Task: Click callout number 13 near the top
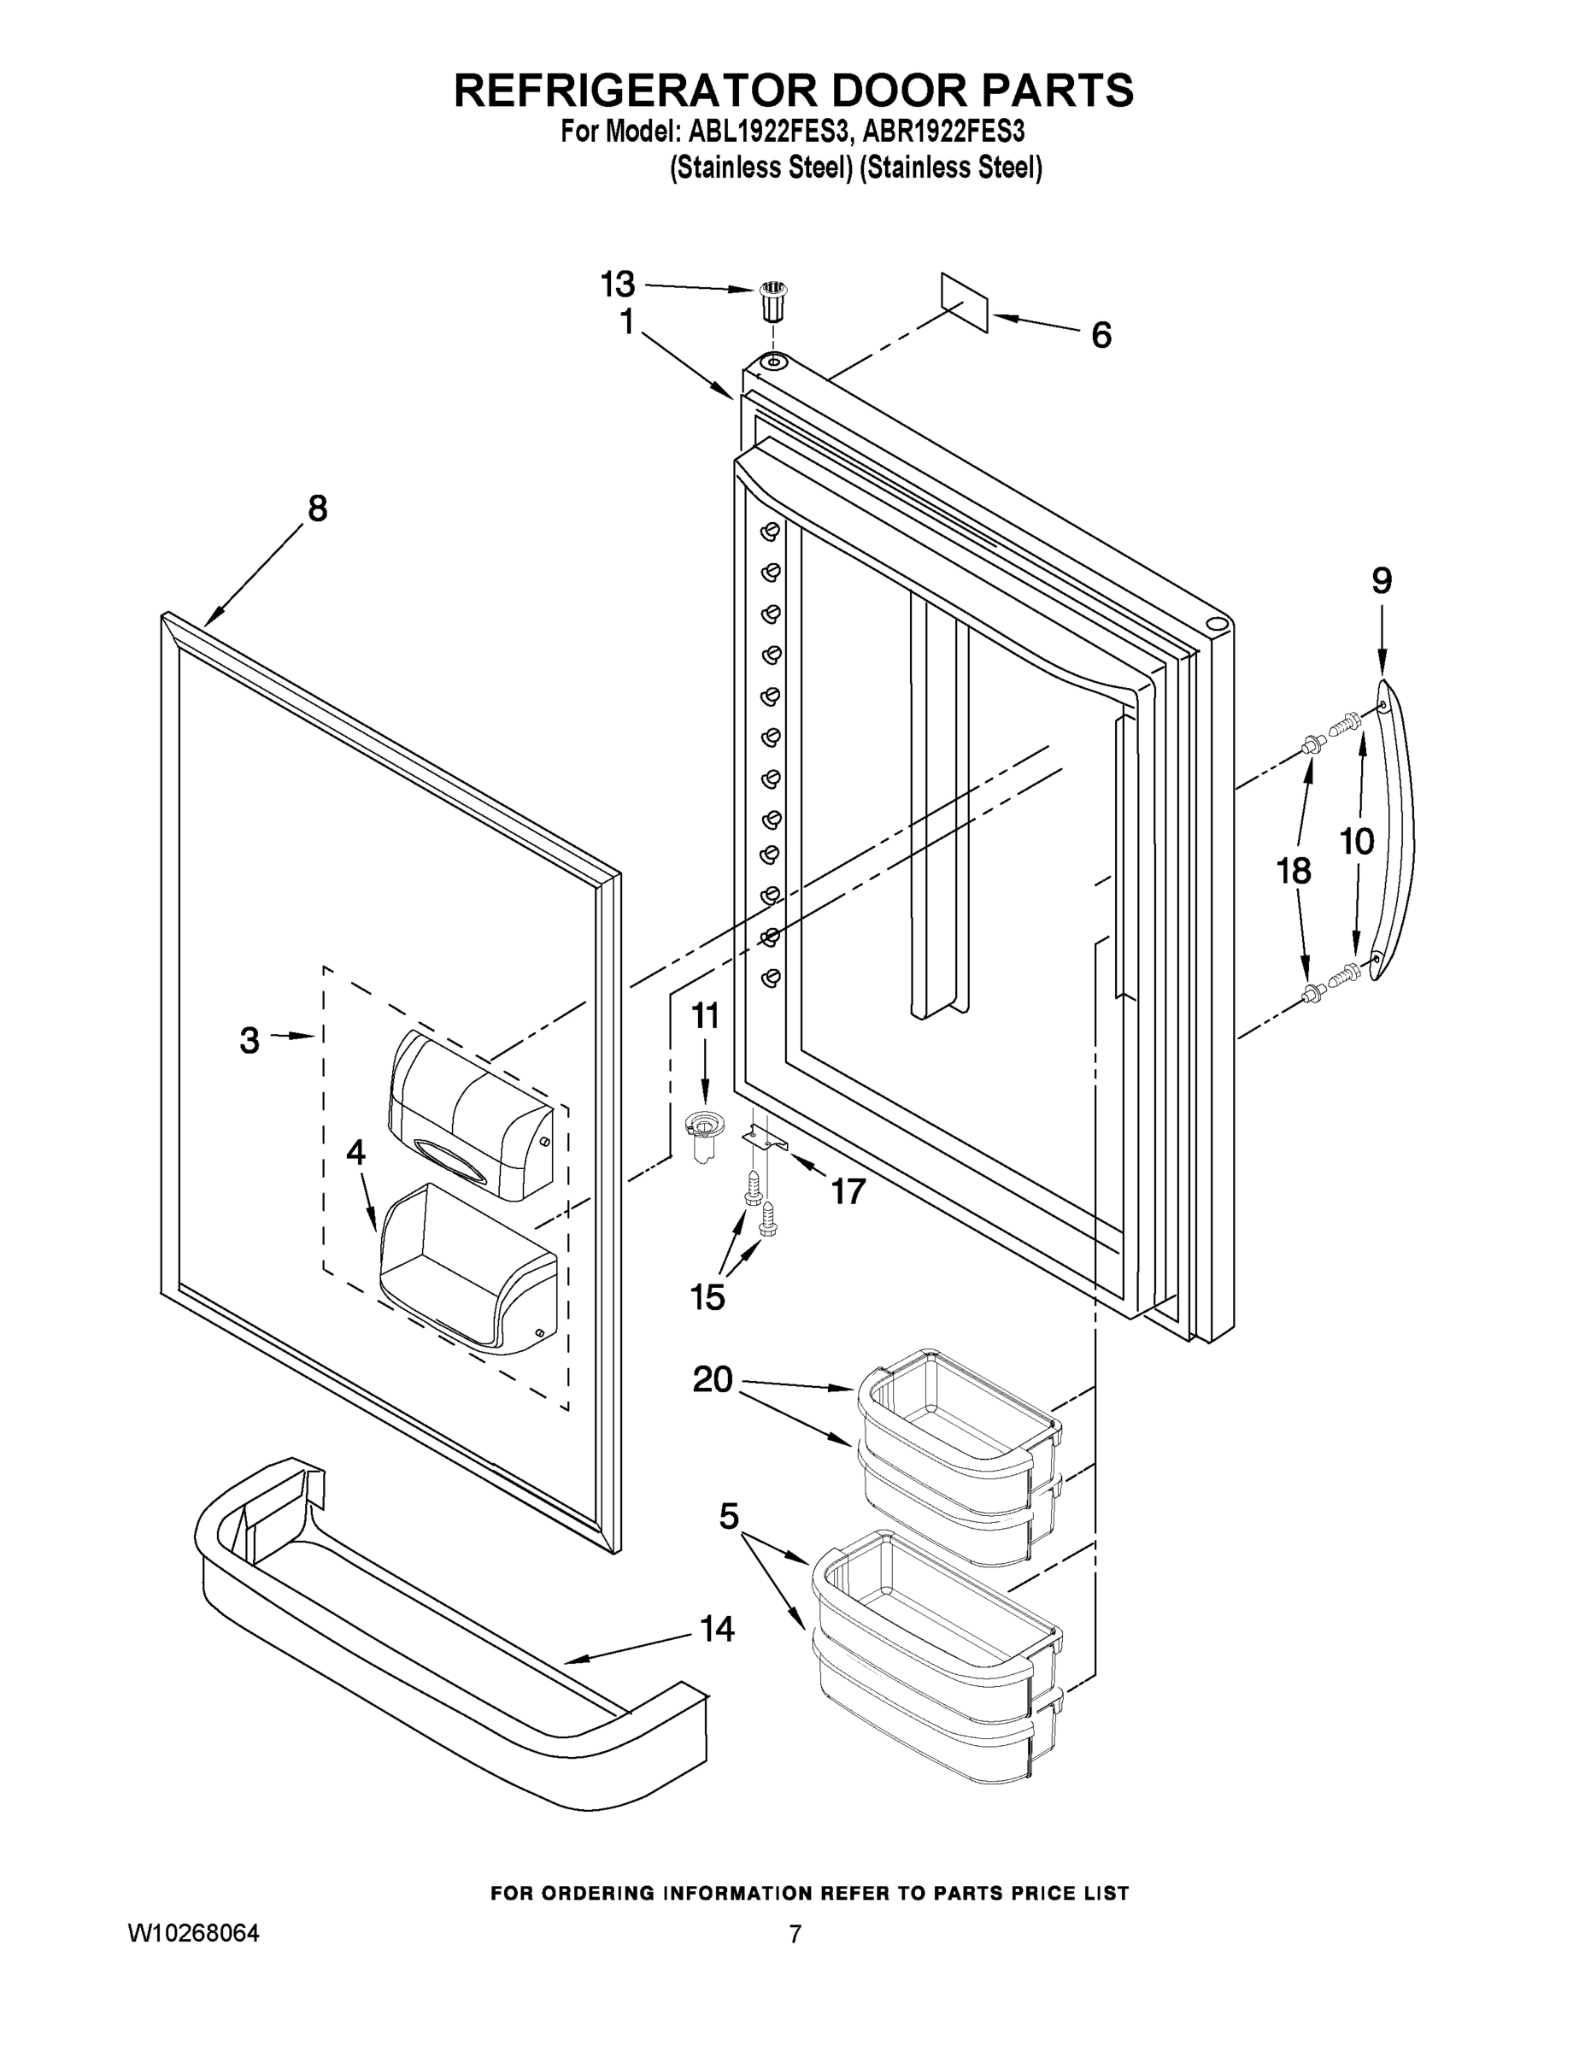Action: point(618,283)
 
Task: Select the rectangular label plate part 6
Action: point(966,303)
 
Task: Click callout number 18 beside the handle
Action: point(1293,871)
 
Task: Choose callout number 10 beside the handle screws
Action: point(1356,842)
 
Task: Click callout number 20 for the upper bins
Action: point(712,1378)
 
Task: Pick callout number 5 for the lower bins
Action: point(729,1516)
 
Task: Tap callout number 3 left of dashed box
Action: point(249,1039)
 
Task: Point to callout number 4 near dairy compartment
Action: point(355,1151)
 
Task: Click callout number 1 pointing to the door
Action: point(626,322)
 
